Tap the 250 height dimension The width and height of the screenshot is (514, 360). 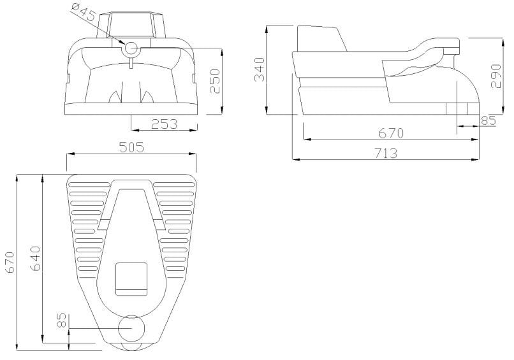point(216,80)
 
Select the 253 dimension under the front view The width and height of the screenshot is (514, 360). point(164,124)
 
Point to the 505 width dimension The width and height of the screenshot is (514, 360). point(132,147)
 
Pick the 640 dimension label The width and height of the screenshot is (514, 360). point(36,258)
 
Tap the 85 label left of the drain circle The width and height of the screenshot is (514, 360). point(62,320)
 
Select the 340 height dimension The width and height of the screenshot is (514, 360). point(259,69)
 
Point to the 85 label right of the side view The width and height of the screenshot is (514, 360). point(488,119)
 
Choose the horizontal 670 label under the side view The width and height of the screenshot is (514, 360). point(391,133)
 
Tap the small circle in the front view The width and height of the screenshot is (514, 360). point(131,48)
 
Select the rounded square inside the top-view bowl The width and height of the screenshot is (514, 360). point(131,278)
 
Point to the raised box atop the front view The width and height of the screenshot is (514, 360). point(133,24)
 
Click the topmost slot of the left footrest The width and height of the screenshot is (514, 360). point(90,184)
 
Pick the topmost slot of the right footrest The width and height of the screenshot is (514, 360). point(173,184)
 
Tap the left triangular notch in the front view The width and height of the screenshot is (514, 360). point(115,97)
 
